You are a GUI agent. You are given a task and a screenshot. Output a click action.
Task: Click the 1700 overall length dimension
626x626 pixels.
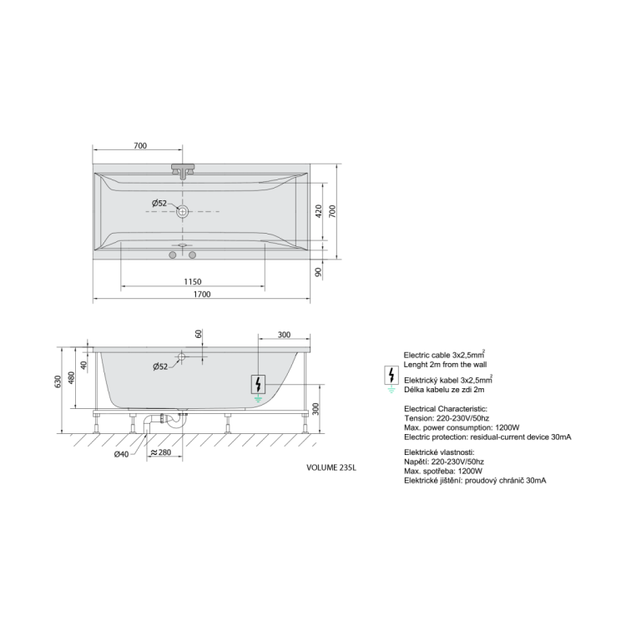[202, 295]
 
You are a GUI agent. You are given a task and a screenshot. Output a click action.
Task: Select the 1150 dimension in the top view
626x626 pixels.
[193, 282]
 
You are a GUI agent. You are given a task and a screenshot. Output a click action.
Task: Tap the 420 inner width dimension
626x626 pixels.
[319, 211]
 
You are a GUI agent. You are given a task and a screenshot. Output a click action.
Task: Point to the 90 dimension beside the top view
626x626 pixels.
[318, 272]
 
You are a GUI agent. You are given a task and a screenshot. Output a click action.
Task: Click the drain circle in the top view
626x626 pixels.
[183, 211]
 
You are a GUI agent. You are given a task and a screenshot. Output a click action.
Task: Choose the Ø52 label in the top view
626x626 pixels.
[159, 203]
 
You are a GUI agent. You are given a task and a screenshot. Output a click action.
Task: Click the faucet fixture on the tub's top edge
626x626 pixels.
[183, 170]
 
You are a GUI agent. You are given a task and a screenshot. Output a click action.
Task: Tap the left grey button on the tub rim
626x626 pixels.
[173, 255]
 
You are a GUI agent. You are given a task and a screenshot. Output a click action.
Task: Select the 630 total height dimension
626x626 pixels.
[58, 382]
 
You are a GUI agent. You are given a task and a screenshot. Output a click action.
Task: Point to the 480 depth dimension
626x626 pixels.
[71, 378]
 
